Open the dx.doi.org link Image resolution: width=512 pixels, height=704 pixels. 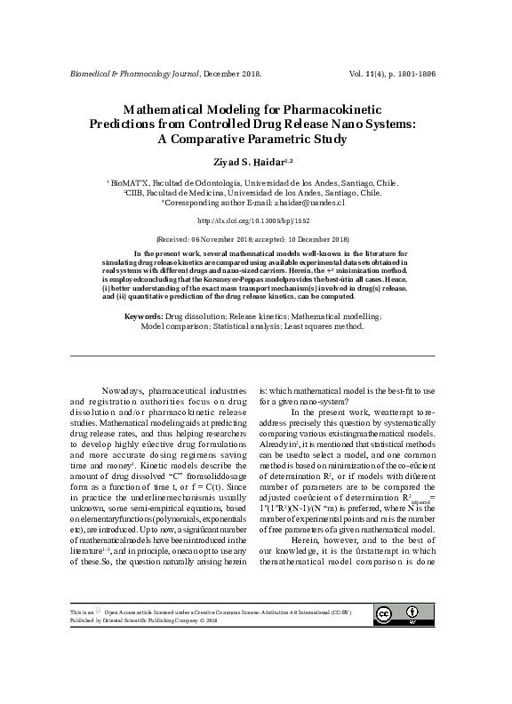(x=254, y=220)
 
